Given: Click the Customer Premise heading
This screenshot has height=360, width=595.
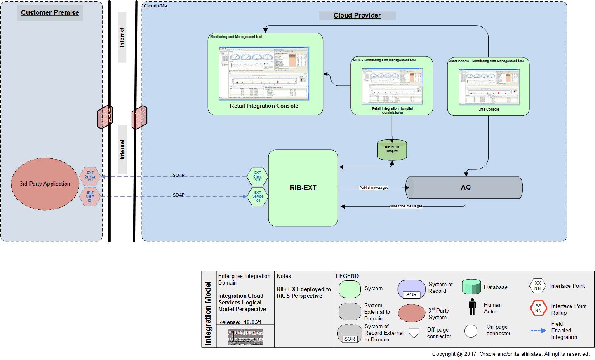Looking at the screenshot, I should (x=50, y=12).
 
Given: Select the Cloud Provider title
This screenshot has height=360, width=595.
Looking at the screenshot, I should (x=357, y=15).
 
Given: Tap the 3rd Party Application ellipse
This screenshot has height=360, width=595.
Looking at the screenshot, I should (x=45, y=184).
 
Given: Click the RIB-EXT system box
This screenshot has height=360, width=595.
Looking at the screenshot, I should (x=303, y=188).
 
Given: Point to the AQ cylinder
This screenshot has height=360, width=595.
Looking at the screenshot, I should (x=466, y=188).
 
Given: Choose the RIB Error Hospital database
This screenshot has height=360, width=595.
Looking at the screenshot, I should (x=392, y=150).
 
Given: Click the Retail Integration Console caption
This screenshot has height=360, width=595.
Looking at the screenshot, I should (x=264, y=106).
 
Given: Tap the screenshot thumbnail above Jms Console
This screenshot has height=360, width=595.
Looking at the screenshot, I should (x=489, y=87).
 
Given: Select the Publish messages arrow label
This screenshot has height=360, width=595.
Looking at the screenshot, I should (x=373, y=188).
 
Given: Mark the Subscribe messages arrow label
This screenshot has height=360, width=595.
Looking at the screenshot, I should (x=406, y=206).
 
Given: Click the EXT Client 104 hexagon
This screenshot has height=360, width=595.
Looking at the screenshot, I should (x=257, y=176).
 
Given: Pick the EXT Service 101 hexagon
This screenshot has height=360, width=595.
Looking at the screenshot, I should (x=257, y=197).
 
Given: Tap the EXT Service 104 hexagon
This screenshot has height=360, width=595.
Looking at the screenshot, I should (x=90, y=176).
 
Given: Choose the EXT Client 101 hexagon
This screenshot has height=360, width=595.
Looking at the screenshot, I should (x=90, y=196).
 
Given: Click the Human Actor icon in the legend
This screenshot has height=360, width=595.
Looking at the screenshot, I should (x=472, y=307).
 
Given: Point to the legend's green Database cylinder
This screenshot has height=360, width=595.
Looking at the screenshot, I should (x=471, y=287).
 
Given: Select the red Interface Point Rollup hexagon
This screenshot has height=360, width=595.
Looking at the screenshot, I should (x=538, y=308).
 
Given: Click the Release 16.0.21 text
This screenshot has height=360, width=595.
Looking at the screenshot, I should (x=240, y=322).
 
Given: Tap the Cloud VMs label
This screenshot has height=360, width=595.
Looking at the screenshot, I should (x=155, y=6).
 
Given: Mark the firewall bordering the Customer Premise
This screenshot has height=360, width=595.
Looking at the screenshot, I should (x=105, y=117).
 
